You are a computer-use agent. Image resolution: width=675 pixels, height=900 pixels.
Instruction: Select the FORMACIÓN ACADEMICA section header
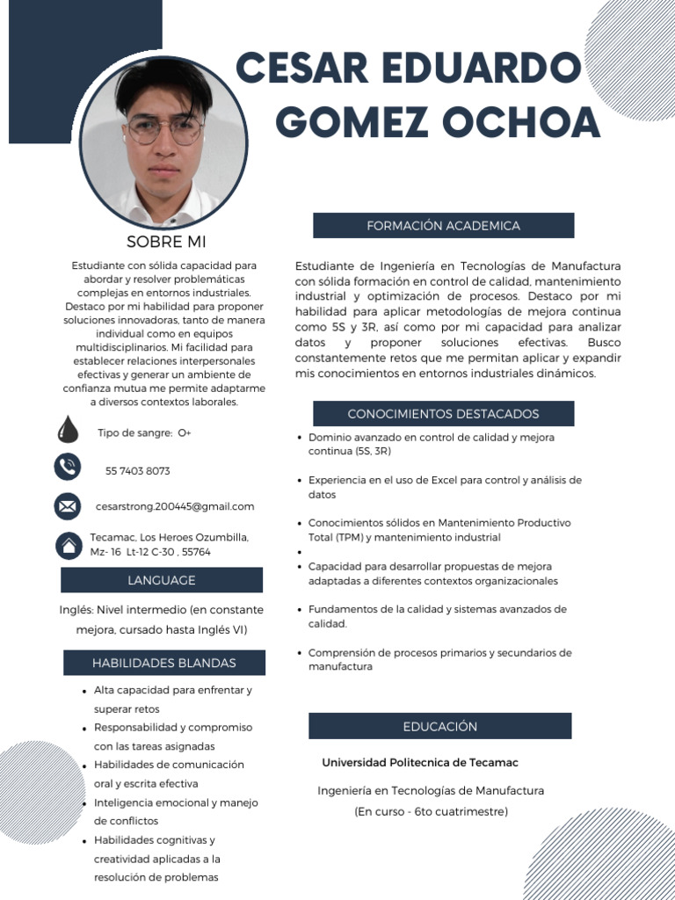[443, 226]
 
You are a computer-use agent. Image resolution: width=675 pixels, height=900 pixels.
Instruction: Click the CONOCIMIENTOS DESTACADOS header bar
[443, 414]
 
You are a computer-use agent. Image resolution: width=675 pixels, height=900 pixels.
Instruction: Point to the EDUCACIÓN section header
[439, 726]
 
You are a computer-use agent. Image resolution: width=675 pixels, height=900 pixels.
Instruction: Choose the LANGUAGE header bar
[162, 580]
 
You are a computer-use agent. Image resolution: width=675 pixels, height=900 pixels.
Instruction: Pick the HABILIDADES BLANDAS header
[163, 663]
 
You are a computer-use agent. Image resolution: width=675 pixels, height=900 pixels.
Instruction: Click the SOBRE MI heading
[166, 242]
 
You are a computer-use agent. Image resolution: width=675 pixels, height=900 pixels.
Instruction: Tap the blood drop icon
[67, 431]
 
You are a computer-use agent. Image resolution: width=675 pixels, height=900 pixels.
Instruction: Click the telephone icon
[67, 466]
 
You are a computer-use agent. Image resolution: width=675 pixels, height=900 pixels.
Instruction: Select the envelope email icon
[67, 506]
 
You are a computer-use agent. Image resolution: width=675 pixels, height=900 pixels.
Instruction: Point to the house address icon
[68, 545]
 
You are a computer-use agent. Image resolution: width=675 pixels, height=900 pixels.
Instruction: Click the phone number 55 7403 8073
[138, 471]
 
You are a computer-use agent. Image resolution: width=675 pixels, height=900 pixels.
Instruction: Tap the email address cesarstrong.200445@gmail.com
[175, 506]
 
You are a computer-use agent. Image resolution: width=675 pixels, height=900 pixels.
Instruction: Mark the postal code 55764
[194, 552]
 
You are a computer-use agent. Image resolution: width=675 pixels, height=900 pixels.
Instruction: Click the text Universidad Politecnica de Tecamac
[419, 762]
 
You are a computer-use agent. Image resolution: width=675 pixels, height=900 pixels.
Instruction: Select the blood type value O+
[185, 433]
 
